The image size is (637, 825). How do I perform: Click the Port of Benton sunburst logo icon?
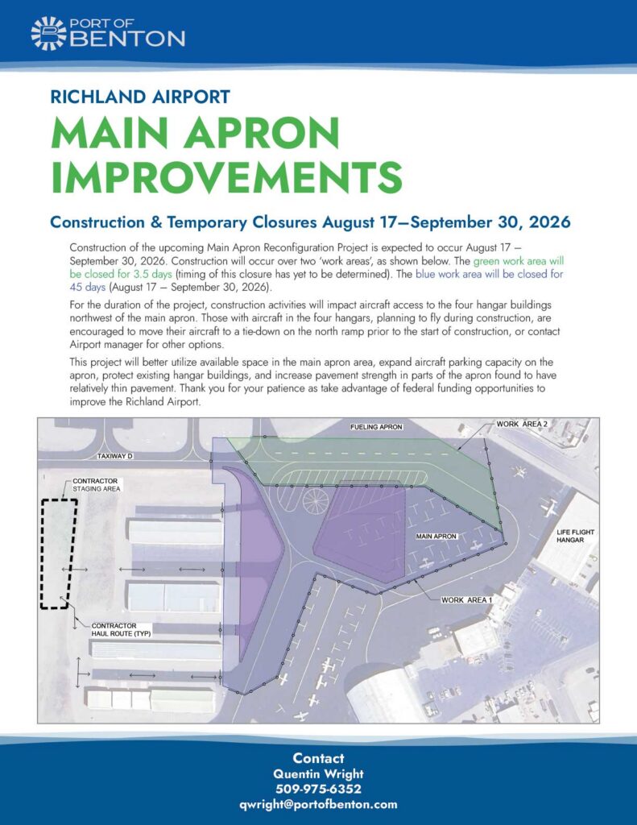pos(48,34)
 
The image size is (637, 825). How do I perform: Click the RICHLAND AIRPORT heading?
pos(140,97)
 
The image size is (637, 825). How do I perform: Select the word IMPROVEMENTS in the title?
pos(227,176)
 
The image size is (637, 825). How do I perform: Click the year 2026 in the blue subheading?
pos(549,222)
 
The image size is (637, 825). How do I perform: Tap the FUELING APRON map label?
pos(377,427)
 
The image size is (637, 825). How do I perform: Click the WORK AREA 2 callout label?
pos(522,424)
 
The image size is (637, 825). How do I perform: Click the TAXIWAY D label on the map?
pos(114,456)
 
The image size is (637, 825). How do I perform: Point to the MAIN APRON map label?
pos(436,536)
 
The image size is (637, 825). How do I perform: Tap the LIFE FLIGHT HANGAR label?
pos(575,536)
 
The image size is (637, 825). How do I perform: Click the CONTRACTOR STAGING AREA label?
pos(96,484)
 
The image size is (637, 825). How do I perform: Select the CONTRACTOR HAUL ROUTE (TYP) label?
pos(121,630)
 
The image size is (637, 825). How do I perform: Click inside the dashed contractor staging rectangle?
pos(59,553)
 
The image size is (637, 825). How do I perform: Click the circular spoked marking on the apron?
pos(316,502)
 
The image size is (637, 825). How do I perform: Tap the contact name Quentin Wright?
pos(318,774)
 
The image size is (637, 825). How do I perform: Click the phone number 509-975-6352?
pos(318,790)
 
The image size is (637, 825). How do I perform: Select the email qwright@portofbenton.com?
pos(318,805)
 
